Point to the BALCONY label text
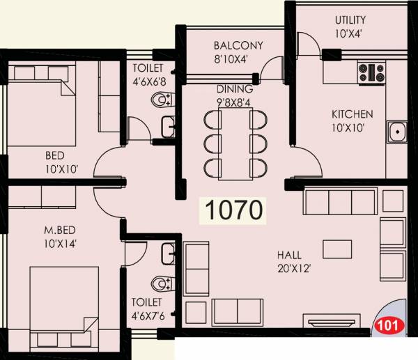pos(238,46)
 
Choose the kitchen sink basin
pos(398,131)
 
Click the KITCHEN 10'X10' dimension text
pos(352,127)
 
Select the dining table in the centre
pos(235,143)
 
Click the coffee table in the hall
pos(337,249)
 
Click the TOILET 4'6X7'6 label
pos(147,308)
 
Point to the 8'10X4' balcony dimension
pos(238,58)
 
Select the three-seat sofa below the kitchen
pos(340,203)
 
